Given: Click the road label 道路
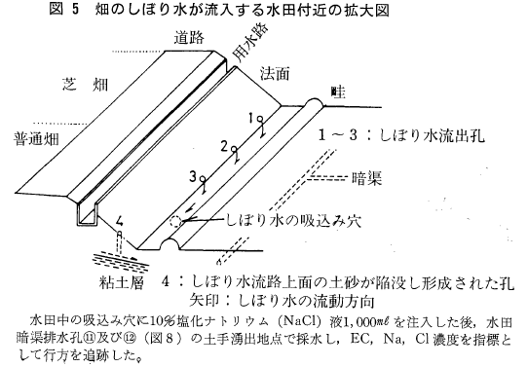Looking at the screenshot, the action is [189, 38].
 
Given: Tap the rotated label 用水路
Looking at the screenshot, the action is [251, 43].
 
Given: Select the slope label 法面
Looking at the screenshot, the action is [275, 74].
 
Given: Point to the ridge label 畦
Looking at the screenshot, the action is [338, 92].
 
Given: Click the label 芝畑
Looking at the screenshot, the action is [85, 84].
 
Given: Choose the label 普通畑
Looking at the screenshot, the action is [36, 139].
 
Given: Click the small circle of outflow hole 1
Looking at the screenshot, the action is [260, 119].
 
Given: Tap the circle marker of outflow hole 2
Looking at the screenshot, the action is [234, 149].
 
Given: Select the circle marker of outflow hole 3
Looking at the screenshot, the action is [203, 179].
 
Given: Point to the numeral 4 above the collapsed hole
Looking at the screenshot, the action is [119, 221].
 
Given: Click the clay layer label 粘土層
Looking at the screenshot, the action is [122, 282].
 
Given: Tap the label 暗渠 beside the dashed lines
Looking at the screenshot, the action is [366, 178].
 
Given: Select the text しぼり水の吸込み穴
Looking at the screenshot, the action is [293, 221].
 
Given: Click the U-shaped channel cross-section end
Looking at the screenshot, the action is [86, 214].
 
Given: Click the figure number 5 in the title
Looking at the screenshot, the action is [75, 9].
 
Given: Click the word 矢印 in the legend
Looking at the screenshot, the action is [204, 300].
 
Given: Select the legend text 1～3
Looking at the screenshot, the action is [338, 135].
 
